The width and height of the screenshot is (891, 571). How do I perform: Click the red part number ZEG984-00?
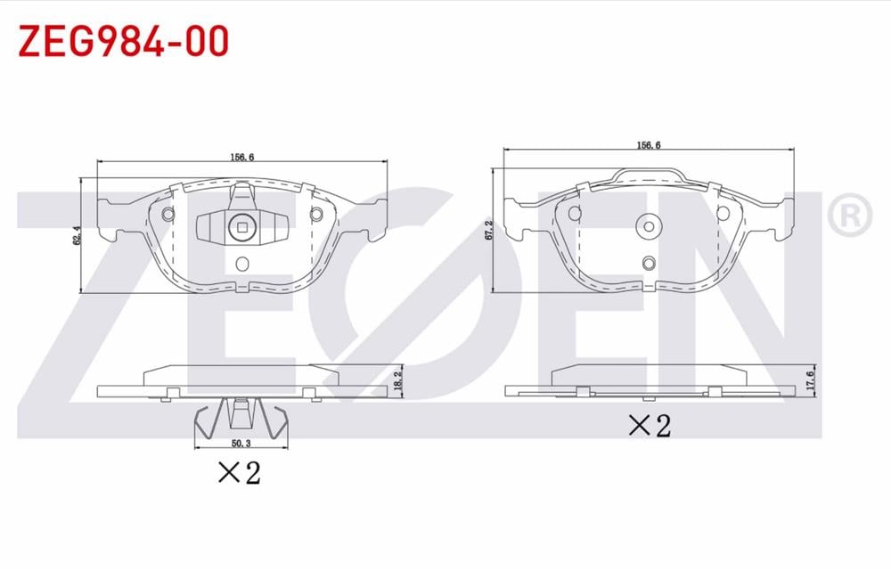click(x=124, y=41)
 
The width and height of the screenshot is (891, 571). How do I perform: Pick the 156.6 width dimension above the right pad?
click(x=648, y=144)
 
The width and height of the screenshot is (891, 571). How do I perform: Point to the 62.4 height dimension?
click(x=78, y=234)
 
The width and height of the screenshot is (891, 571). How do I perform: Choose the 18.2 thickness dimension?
click(x=399, y=378)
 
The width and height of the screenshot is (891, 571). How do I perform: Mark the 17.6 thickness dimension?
click(x=809, y=379)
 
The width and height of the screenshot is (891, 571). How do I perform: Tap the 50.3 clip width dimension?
click(x=241, y=442)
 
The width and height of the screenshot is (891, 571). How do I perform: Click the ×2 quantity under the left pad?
click(x=239, y=472)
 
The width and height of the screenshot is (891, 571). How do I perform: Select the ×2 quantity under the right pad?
click(x=649, y=426)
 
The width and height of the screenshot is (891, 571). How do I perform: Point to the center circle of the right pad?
click(x=648, y=225)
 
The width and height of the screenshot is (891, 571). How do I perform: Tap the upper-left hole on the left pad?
click(x=169, y=214)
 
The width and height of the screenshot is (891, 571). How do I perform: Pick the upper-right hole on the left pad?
click(x=315, y=214)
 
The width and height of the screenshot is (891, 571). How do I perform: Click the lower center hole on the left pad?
click(x=242, y=264)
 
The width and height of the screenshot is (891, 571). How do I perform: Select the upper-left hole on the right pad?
click(x=576, y=214)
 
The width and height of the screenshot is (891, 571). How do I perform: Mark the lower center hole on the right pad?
click(x=649, y=262)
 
